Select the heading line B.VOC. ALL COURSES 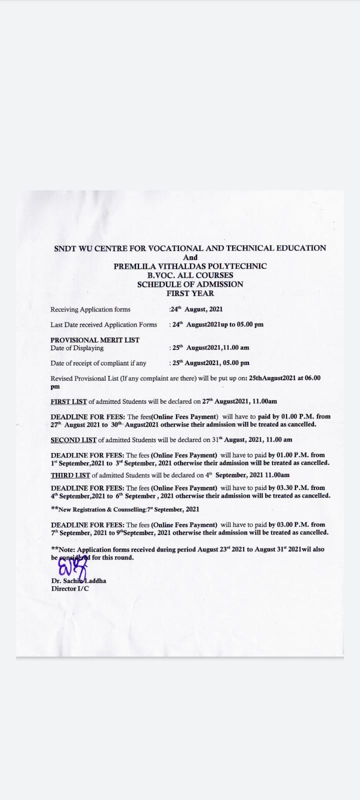(x=190, y=275)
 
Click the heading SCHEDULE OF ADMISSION (x=190, y=284)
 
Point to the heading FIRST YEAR (x=190, y=293)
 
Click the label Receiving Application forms (x=90, y=309)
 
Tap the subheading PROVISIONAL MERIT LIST (x=95, y=340)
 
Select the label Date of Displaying (x=77, y=348)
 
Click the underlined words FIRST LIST (x=69, y=401)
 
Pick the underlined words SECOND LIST (x=73, y=440)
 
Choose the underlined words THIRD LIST (x=70, y=475)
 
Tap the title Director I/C (x=70, y=588)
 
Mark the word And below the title (x=190, y=257)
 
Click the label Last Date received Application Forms (x=103, y=324)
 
